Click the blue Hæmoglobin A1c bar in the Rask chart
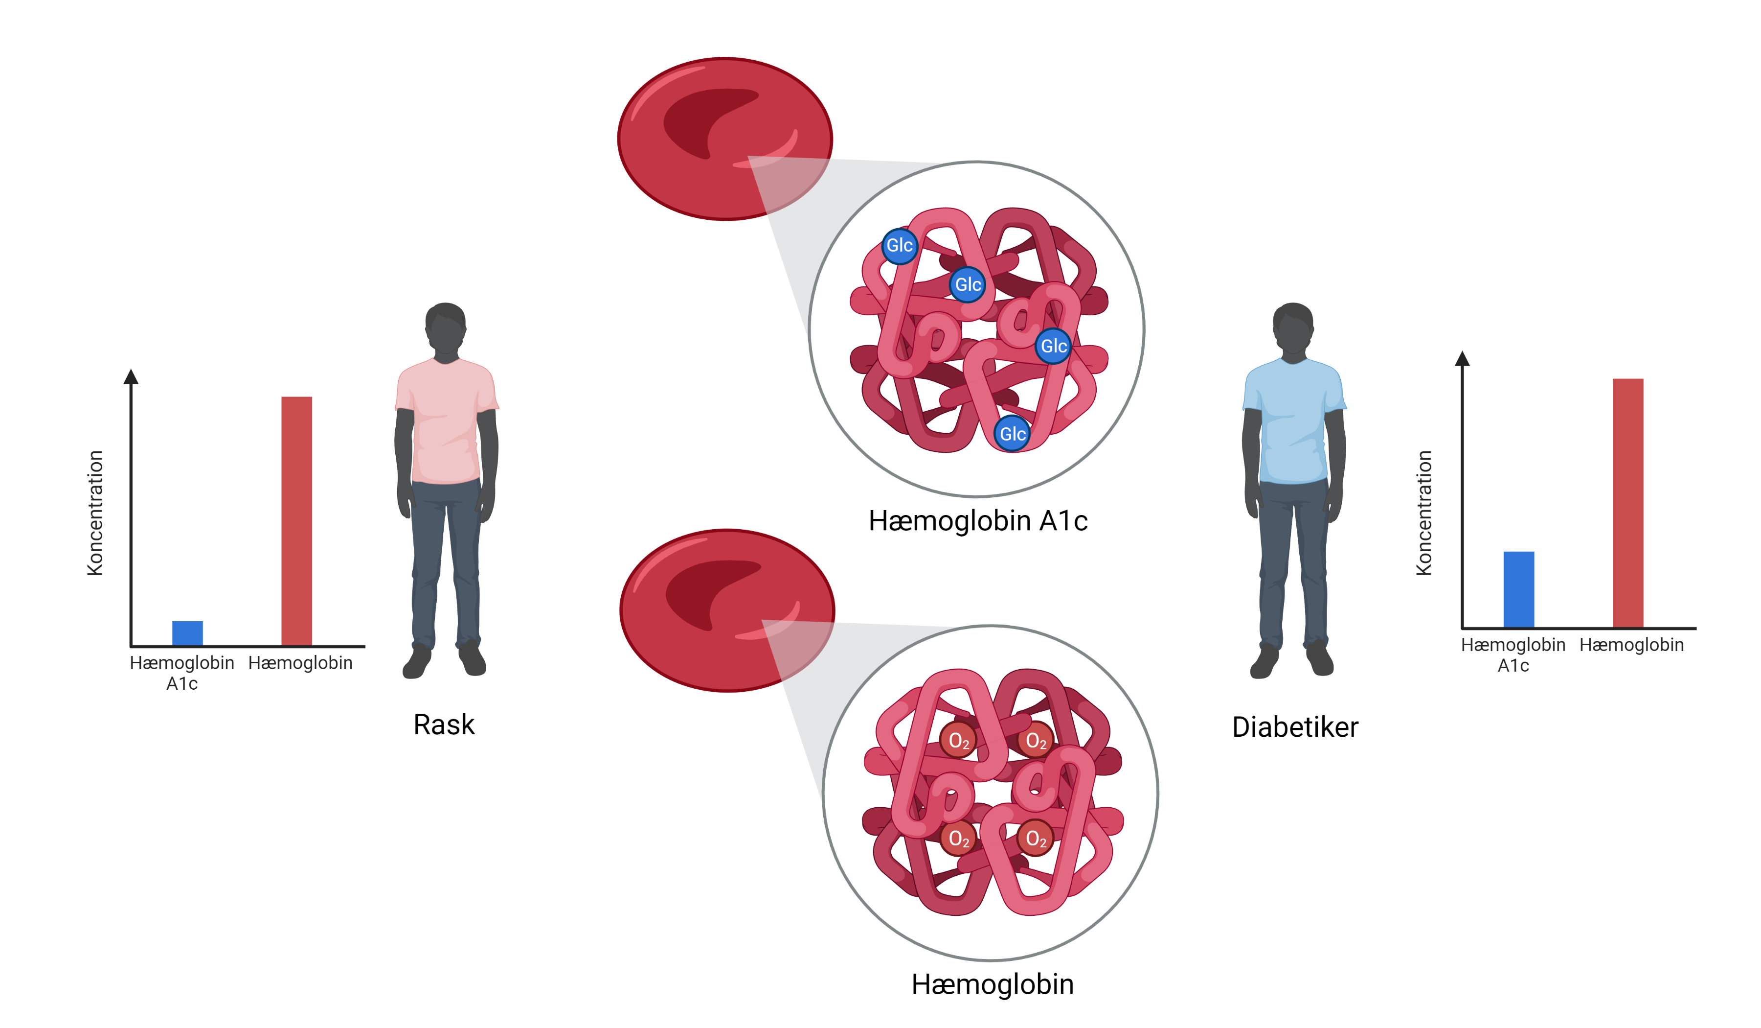point(187,633)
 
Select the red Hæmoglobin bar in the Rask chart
point(296,521)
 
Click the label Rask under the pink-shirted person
point(444,725)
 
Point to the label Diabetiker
point(1295,727)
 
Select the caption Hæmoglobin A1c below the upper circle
point(978,521)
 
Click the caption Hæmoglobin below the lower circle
point(993,984)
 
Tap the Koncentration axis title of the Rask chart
point(95,513)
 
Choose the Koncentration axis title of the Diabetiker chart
point(1423,513)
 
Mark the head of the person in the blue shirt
point(1293,328)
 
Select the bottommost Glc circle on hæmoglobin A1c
point(1012,434)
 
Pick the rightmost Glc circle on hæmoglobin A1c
point(1053,346)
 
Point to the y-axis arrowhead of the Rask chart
point(131,377)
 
